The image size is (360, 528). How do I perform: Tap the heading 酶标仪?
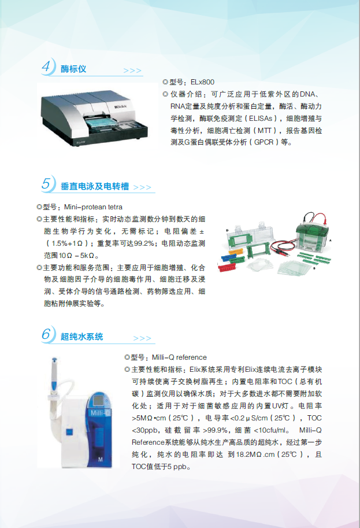(73, 69)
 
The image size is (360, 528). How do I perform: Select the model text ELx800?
(202, 82)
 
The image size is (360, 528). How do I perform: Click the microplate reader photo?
(95, 116)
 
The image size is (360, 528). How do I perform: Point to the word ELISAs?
(261, 118)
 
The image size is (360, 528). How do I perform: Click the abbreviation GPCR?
(263, 142)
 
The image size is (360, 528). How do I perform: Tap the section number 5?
(46, 183)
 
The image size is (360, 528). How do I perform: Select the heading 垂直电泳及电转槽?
(95, 186)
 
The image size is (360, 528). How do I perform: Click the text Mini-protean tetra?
(93, 207)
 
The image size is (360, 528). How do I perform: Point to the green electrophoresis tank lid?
(312, 228)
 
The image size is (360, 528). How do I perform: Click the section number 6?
(46, 334)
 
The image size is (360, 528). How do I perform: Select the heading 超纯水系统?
(81, 337)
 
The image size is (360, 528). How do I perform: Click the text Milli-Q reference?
(179, 357)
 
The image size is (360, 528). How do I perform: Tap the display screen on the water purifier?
(99, 401)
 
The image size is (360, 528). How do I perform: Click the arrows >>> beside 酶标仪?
(132, 71)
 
